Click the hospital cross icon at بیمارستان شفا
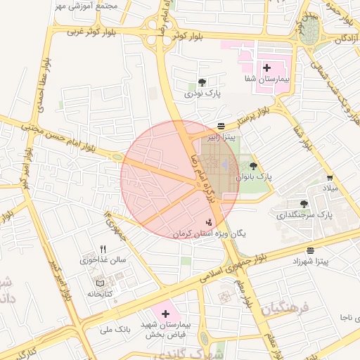pyautogui.click(x=266, y=67)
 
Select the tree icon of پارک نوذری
pyautogui.click(x=203, y=82)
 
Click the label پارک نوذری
pyautogui.click(x=202, y=93)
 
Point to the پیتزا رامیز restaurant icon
pyautogui.click(x=221, y=126)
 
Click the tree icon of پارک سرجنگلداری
pyautogui.click(x=304, y=202)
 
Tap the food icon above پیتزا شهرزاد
pyautogui.click(x=311, y=250)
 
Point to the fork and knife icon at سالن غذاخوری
pyautogui.click(x=103, y=248)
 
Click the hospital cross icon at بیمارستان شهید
pyautogui.click(x=166, y=313)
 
